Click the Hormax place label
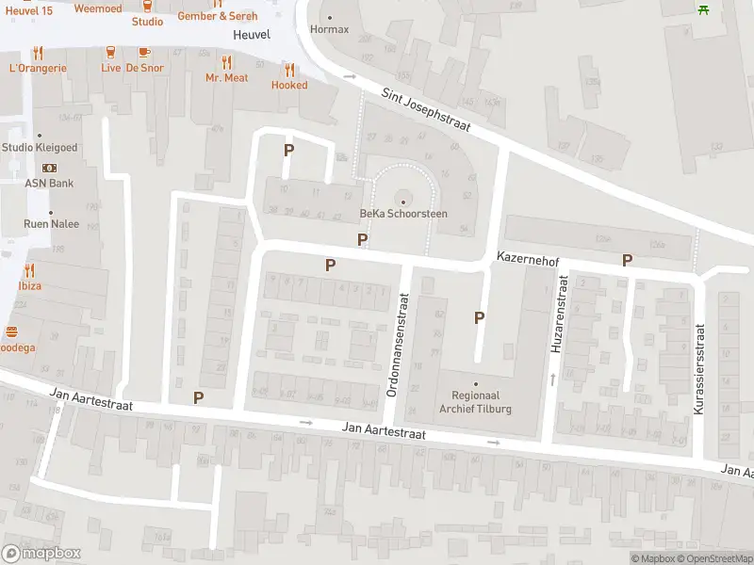[x=329, y=29]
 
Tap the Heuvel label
[x=251, y=35]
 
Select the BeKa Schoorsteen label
[x=403, y=214]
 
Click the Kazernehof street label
[x=529, y=256]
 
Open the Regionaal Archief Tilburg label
[x=475, y=402]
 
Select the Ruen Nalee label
[x=51, y=224]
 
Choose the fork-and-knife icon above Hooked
[x=289, y=70]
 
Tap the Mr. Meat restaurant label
[x=226, y=78]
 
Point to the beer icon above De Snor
[x=143, y=53]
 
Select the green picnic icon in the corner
[x=703, y=9]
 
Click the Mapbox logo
[x=41, y=554]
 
